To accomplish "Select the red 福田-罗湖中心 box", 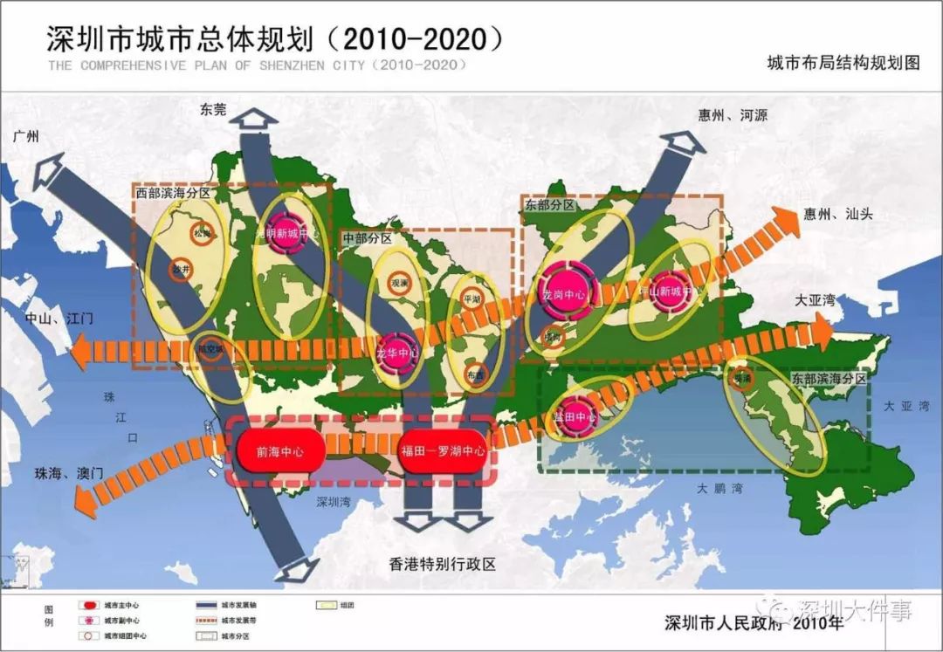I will (x=442, y=452).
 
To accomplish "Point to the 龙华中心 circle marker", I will (x=398, y=353).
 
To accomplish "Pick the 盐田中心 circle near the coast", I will (x=575, y=417).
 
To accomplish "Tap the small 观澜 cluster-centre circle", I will (x=399, y=284).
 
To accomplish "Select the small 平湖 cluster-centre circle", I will (x=471, y=297).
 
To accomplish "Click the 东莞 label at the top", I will (x=213, y=110).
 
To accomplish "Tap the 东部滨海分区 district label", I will (x=829, y=380).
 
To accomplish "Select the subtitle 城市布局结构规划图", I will (x=843, y=63).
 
